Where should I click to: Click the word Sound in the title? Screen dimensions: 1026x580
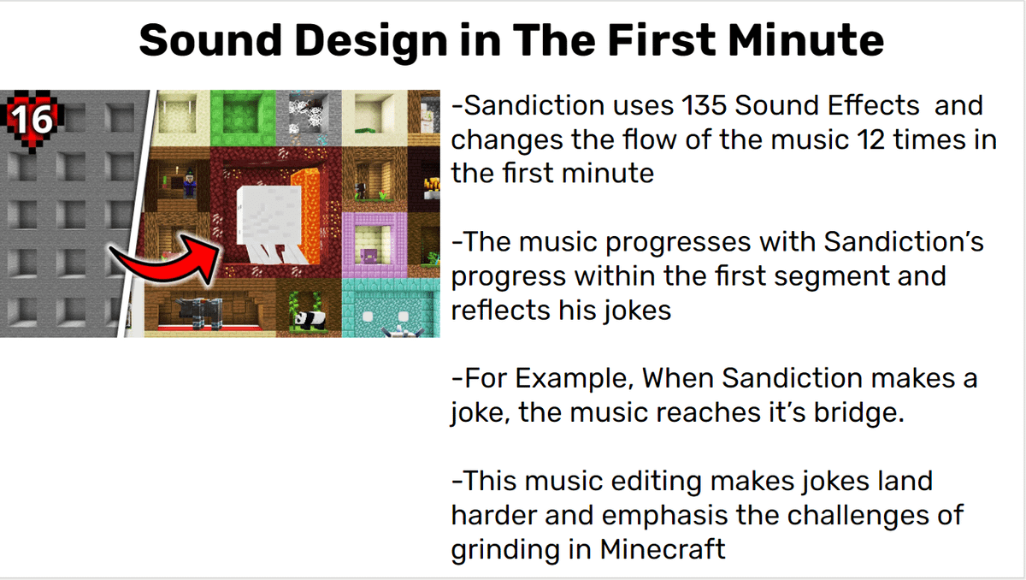point(210,40)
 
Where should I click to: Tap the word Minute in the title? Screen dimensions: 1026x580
point(805,40)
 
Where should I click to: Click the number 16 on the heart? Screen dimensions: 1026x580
point(33,120)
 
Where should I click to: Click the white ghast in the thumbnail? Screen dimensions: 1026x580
point(271,224)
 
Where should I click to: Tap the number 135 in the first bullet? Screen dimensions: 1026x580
point(704,105)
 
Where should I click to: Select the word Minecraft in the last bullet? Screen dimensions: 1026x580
point(663,549)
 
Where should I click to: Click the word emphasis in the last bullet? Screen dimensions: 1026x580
point(664,515)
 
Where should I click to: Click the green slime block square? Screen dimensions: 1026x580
point(243,118)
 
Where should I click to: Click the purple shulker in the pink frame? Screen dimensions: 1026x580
point(369,256)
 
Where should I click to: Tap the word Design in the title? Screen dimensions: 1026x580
point(371,41)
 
